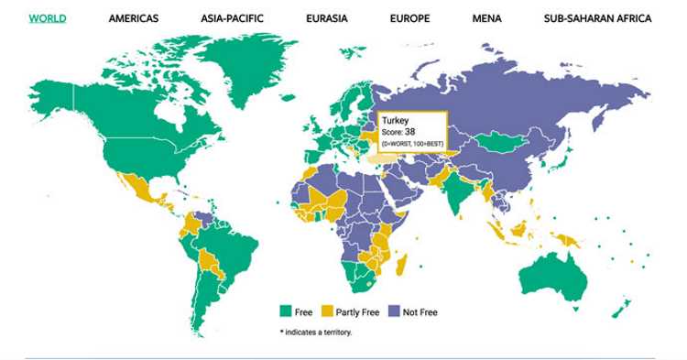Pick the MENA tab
487,18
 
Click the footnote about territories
315,332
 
